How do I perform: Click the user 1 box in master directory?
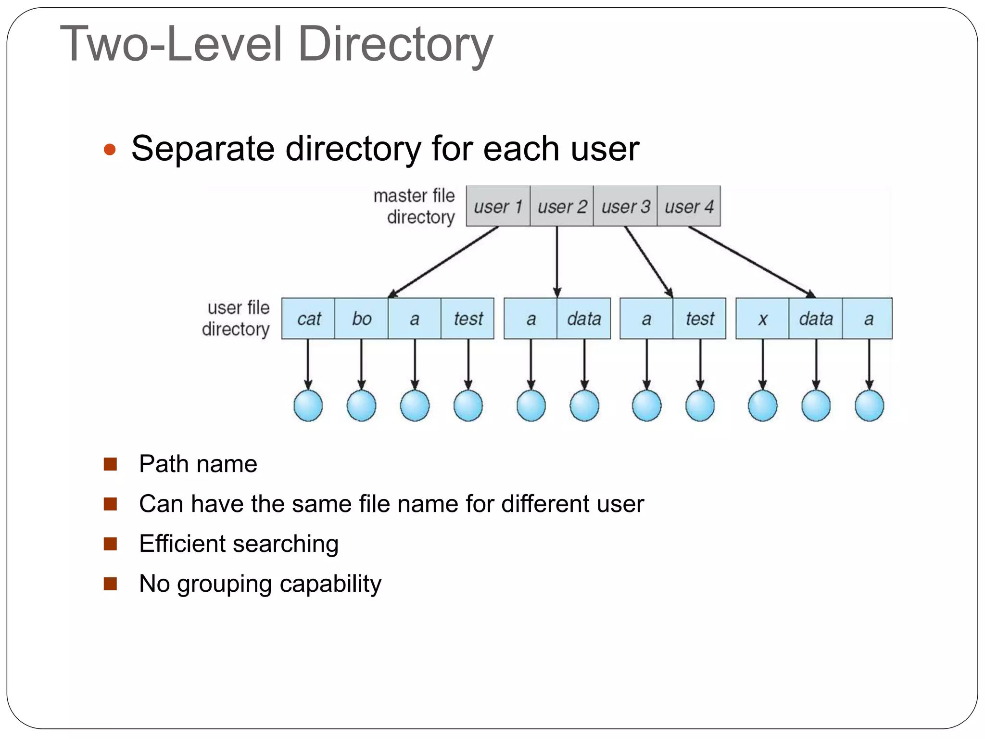[498, 206]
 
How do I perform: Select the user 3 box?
[625, 206]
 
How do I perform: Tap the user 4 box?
[689, 206]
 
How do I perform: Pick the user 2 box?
[562, 206]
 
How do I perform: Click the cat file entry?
[308, 319]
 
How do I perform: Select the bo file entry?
[361, 319]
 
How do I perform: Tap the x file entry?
[762, 319]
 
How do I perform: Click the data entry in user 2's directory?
[584, 319]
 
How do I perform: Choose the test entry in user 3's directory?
[700, 319]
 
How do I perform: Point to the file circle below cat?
[308, 406]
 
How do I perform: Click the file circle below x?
[762, 406]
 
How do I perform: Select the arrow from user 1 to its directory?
[442, 262]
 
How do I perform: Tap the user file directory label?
[237, 319]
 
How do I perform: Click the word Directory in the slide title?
[395, 44]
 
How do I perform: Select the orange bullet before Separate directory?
[110, 149]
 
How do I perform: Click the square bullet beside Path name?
[111, 464]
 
